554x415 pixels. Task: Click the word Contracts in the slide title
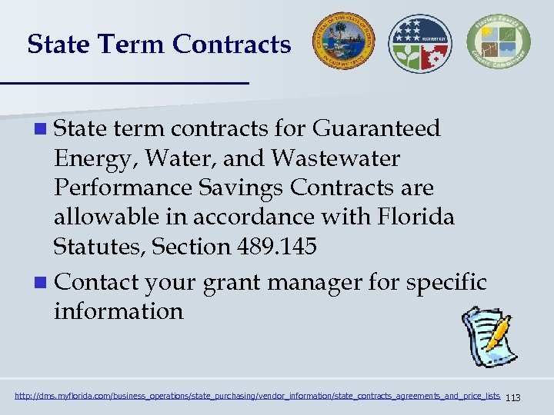(x=232, y=45)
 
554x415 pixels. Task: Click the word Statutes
(x=99, y=247)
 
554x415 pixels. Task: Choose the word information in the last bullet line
(x=118, y=311)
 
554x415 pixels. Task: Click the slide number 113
(x=514, y=397)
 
